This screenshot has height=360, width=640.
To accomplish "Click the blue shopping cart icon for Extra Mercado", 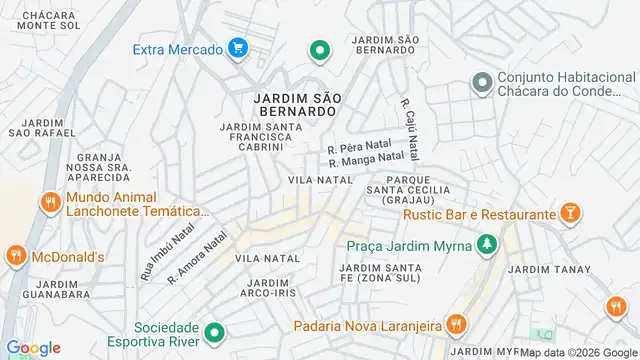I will click(237, 47).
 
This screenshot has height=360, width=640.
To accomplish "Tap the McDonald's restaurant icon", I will click(15, 257).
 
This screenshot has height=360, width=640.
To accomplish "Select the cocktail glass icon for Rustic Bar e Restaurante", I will click(571, 214).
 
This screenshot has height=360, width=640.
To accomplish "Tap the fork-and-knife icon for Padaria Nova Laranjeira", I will click(455, 324).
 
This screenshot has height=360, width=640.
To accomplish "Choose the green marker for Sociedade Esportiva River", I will click(213, 333).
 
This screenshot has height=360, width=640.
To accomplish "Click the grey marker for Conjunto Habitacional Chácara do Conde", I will click(481, 82).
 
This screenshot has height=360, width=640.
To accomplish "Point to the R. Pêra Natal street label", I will click(360, 147).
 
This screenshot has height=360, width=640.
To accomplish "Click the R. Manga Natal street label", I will click(366, 159).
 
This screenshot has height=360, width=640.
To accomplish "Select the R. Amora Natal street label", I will click(198, 257).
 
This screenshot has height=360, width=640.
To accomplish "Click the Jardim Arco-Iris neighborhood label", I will click(266, 288).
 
